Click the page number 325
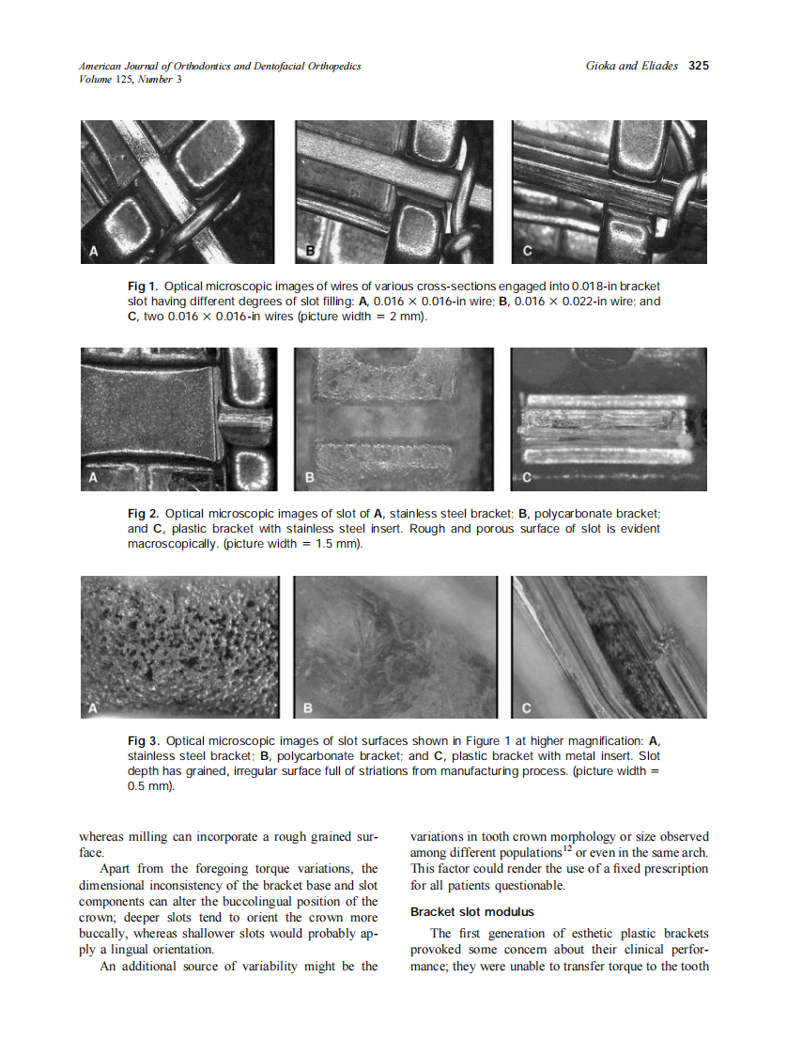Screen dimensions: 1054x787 [698, 66]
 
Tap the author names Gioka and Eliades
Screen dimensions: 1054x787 [631, 66]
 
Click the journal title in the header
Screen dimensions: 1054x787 [220, 66]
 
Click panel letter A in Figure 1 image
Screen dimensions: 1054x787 [94, 251]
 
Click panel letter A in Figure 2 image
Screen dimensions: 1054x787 [93, 478]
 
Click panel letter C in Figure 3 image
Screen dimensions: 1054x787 [527, 706]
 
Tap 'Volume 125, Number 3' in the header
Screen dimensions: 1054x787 [131, 79]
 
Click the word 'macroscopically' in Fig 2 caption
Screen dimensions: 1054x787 [173, 545]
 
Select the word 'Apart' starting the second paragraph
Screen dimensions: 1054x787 [117, 869]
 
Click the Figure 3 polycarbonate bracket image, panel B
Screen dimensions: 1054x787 [398, 647]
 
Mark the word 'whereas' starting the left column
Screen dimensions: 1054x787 [102, 837]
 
